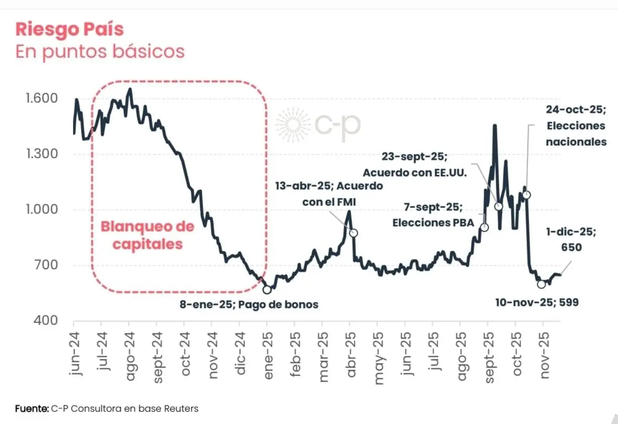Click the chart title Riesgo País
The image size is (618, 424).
click(x=69, y=29)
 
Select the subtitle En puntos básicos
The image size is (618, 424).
click(x=100, y=51)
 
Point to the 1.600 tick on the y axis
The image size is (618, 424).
click(x=41, y=98)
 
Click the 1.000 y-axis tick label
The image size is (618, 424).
click(x=41, y=209)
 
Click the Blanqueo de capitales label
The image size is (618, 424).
click(x=148, y=235)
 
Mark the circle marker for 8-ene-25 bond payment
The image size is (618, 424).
click(x=267, y=289)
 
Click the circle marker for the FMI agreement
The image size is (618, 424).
click(x=354, y=233)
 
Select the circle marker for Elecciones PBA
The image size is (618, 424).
click(x=484, y=227)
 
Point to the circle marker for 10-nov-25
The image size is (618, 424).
click(x=541, y=284)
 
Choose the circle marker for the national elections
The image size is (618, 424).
click(x=527, y=194)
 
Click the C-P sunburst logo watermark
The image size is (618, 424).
click(x=293, y=124)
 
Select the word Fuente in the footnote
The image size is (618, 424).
click(x=32, y=408)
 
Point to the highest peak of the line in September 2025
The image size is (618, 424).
click(x=495, y=125)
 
